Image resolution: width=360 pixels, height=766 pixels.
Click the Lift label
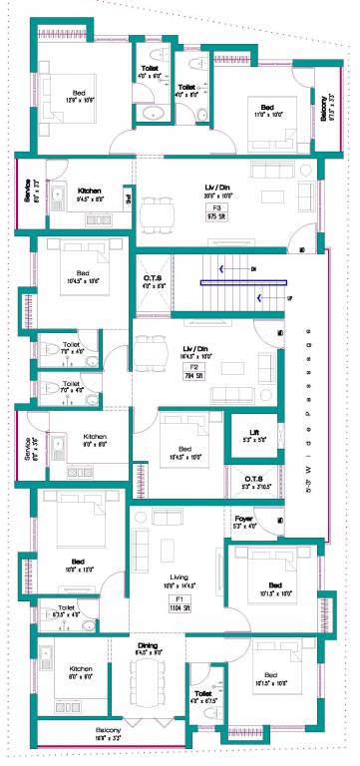click(x=254, y=432)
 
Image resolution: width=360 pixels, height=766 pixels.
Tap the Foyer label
click(x=245, y=520)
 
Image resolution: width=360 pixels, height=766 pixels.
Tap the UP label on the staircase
click(x=290, y=297)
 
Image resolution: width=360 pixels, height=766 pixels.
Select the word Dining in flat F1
click(x=149, y=647)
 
